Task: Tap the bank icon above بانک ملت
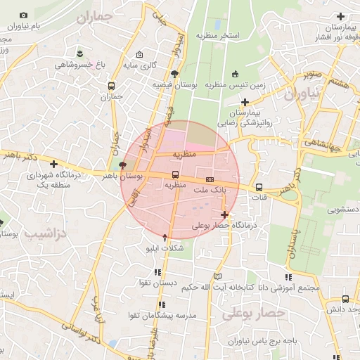click(x=209, y=179)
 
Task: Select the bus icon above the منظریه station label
click(x=175, y=175)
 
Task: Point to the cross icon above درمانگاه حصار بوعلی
click(x=224, y=214)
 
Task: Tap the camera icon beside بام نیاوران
click(x=24, y=15)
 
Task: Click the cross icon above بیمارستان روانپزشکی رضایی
click(x=244, y=102)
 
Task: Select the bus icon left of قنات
click(x=259, y=187)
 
